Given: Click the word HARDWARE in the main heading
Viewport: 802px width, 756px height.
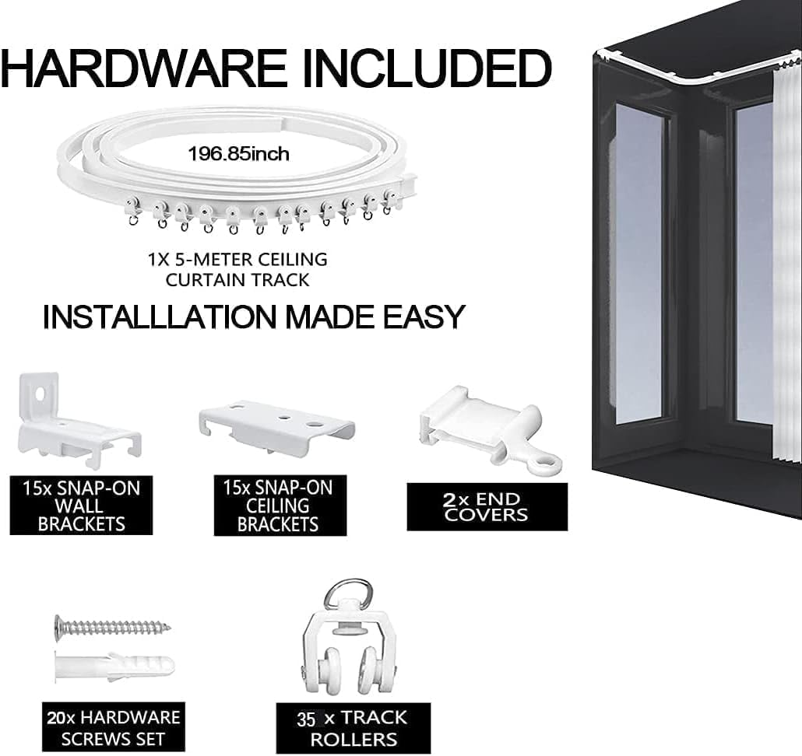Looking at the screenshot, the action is [x=143, y=68].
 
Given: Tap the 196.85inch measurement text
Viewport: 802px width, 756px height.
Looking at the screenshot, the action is [x=238, y=154].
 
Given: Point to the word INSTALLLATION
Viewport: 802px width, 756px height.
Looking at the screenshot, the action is [x=160, y=317].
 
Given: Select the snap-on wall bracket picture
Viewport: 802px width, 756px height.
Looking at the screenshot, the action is [x=79, y=420].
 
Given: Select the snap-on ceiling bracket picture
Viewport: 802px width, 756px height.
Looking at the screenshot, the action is [x=276, y=427].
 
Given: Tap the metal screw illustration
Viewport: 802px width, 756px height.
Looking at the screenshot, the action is [x=113, y=627].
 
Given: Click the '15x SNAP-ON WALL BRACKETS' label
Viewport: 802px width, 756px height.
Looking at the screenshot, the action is [x=81, y=506].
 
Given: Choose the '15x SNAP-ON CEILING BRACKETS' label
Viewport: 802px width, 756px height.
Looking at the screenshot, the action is [x=280, y=506].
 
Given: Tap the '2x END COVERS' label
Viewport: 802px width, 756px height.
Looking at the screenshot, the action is [x=487, y=507].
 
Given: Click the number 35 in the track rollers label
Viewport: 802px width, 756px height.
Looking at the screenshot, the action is [x=306, y=719].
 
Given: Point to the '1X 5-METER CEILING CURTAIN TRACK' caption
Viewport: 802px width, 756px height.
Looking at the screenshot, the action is [x=237, y=269].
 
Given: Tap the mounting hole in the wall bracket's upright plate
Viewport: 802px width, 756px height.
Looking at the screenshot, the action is [x=39, y=394].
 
